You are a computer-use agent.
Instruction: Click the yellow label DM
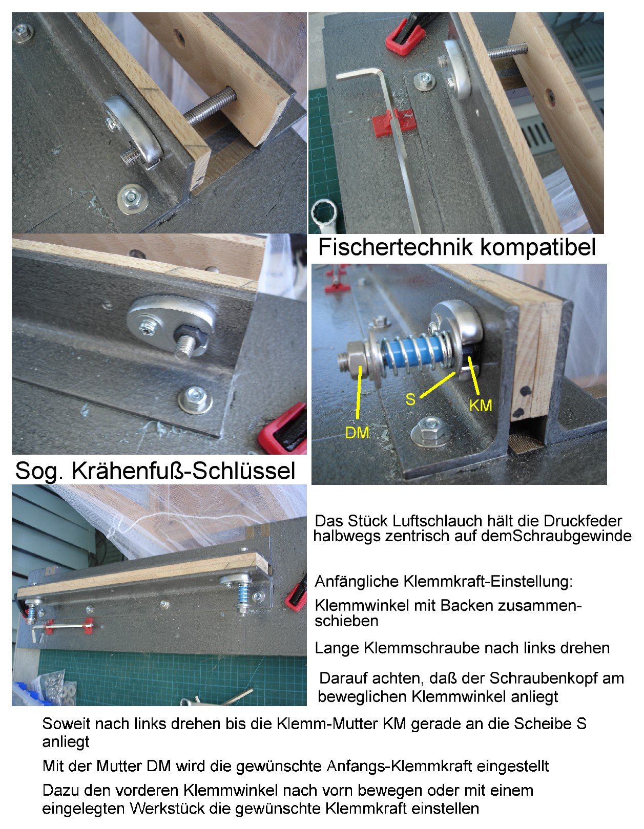click(x=357, y=432)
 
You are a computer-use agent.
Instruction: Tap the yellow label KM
click(x=480, y=405)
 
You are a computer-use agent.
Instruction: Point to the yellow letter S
click(x=410, y=399)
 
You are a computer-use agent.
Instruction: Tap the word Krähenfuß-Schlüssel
click(x=183, y=471)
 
